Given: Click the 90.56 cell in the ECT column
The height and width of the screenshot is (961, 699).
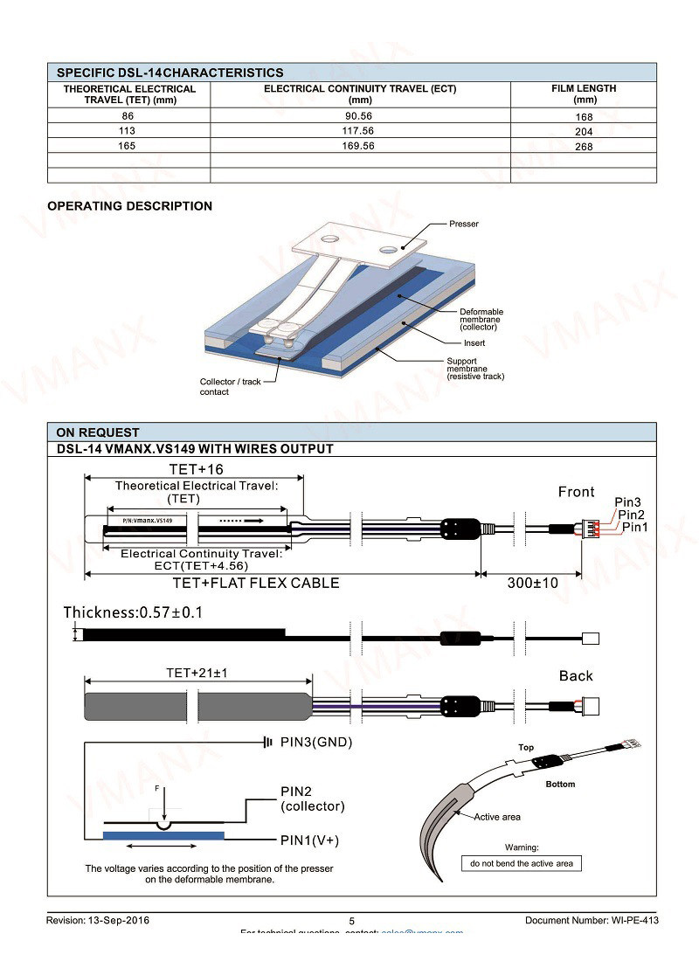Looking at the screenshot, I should (359, 115).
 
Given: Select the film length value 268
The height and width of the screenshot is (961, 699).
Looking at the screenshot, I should (584, 147).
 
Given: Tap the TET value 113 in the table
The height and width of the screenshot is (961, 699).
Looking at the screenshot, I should (128, 131).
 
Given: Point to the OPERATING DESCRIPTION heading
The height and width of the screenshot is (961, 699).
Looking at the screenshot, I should (129, 206).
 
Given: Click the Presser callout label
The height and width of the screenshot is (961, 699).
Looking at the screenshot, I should (464, 224).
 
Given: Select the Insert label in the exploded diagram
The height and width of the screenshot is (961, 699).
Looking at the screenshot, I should (474, 343).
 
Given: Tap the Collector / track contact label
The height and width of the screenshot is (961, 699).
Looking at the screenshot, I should (230, 387).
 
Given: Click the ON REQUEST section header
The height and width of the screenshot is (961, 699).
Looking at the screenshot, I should (98, 432).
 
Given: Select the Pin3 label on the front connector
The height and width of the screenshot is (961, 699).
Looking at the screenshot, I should (627, 502).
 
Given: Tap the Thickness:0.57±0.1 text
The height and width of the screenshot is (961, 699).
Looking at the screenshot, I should (133, 612).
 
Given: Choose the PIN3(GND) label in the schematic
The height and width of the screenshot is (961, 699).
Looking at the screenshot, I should (316, 743).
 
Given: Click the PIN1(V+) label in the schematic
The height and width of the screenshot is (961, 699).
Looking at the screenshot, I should (309, 840).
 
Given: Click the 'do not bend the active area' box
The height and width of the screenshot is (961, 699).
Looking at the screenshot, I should (522, 863).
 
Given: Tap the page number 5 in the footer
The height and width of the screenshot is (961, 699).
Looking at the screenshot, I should (352, 921).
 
